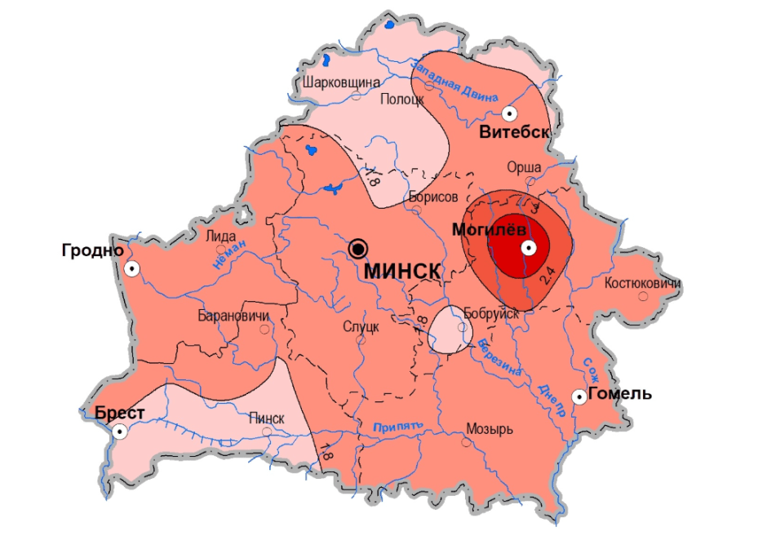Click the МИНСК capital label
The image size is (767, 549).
pos(402,272)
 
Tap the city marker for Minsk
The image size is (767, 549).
pos(357,248)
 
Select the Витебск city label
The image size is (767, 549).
pos(514,132)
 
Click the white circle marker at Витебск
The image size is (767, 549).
pos(510,113)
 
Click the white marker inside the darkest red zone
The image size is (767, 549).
pos(529,248)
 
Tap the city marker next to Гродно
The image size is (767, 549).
pos(131,268)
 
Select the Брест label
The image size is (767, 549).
pos(120,413)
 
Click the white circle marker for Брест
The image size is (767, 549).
pos(121,432)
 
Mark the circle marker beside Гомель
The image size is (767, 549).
pos(579,396)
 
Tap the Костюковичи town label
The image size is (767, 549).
pos(643,283)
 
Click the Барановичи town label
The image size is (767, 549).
pos(233,316)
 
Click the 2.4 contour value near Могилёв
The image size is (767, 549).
pos(548,276)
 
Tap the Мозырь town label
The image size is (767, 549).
pos(489,428)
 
